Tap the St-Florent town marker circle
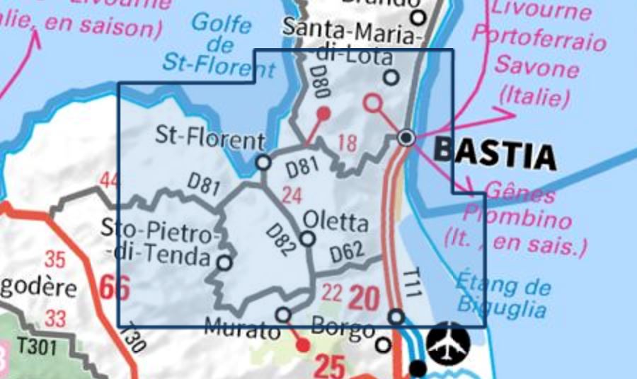[263, 163]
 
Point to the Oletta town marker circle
[307, 239]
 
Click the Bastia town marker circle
[406, 137]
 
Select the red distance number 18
[347, 143]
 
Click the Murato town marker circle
[283, 315]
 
